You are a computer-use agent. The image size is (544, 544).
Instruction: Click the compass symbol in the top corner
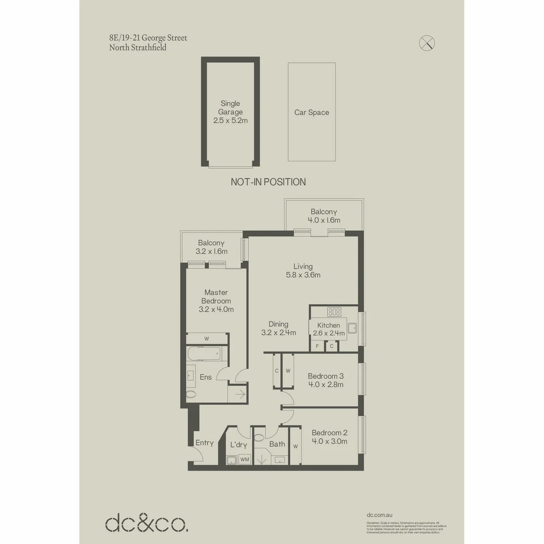(427, 43)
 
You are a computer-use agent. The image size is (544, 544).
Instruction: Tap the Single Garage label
(230, 112)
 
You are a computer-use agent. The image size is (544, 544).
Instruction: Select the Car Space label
(312, 112)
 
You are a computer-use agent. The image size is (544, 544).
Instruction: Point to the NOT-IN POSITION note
(268, 182)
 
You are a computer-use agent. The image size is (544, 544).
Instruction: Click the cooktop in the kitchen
(334, 312)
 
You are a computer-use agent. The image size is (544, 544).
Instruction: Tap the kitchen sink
(353, 328)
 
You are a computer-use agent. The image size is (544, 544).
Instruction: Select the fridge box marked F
(317, 346)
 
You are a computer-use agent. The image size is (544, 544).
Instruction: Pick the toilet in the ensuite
(191, 394)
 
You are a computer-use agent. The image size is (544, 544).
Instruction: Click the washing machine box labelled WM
(244, 459)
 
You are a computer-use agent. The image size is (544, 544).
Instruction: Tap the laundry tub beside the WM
(232, 459)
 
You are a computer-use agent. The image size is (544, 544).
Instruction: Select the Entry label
(205, 443)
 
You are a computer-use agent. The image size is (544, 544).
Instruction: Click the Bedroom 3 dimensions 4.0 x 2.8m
(325, 385)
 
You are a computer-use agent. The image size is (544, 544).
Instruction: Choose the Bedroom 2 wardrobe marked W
(295, 446)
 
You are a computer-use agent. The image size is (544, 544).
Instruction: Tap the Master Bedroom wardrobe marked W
(207, 338)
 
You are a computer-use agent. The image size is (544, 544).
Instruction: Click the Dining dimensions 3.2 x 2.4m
(278, 332)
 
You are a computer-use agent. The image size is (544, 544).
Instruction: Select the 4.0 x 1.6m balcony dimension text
(324, 220)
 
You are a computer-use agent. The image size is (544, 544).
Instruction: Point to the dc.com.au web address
(380, 515)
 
